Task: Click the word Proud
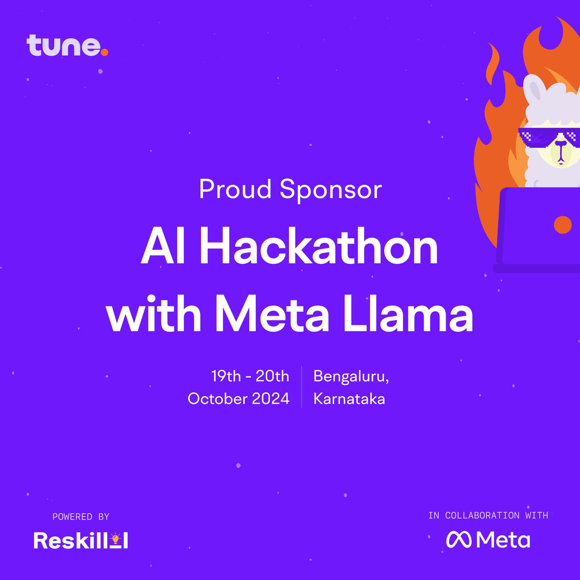[235, 189]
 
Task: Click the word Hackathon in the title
[319, 247]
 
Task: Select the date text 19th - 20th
[250, 376]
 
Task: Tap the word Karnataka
[349, 399]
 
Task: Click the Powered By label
[81, 517]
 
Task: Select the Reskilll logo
[81, 540]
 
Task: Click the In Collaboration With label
[488, 516]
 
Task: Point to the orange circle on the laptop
[562, 224]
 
